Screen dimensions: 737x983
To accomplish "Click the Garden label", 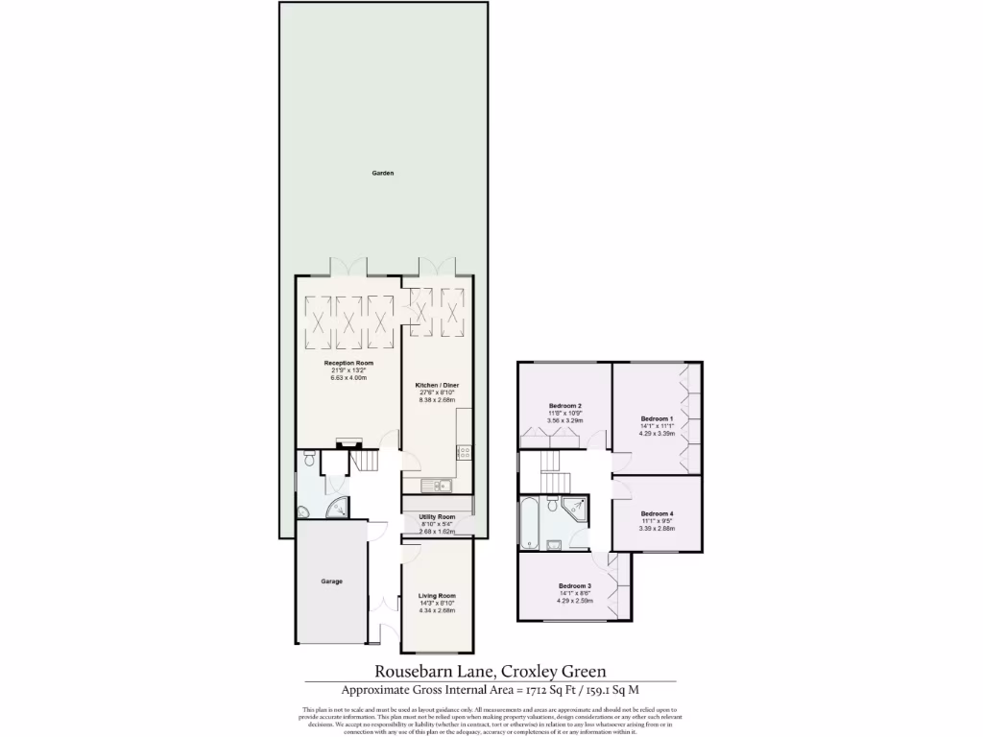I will point(383,174).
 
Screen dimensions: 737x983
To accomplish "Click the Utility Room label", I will point(437,516).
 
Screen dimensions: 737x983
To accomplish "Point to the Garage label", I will point(331,582).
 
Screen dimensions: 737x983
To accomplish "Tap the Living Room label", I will point(437,596).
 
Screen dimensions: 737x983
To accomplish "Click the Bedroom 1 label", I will point(658,419).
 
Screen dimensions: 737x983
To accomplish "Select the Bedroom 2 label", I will point(565,406).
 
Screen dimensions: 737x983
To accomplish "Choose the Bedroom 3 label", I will point(575,586).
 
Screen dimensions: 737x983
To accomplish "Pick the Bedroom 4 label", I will point(658,513).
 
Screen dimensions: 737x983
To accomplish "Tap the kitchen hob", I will point(464,451).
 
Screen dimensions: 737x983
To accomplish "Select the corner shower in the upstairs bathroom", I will point(579,509).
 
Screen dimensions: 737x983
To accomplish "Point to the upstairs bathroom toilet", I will point(554,504).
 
